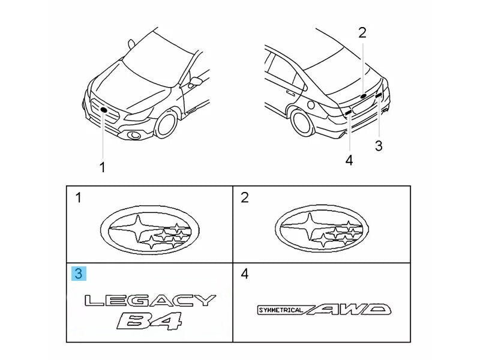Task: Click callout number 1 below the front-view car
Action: [102, 168]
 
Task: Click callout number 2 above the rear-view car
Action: [362, 33]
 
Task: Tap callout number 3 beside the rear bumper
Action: [378, 145]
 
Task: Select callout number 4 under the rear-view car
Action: [349, 160]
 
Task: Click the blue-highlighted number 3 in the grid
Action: [79, 274]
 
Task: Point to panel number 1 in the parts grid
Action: [79, 197]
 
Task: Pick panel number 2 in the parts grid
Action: [244, 197]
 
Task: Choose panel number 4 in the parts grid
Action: [244, 274]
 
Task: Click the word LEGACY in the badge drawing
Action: [149, 301]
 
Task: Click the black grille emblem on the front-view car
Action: [104, 110]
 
